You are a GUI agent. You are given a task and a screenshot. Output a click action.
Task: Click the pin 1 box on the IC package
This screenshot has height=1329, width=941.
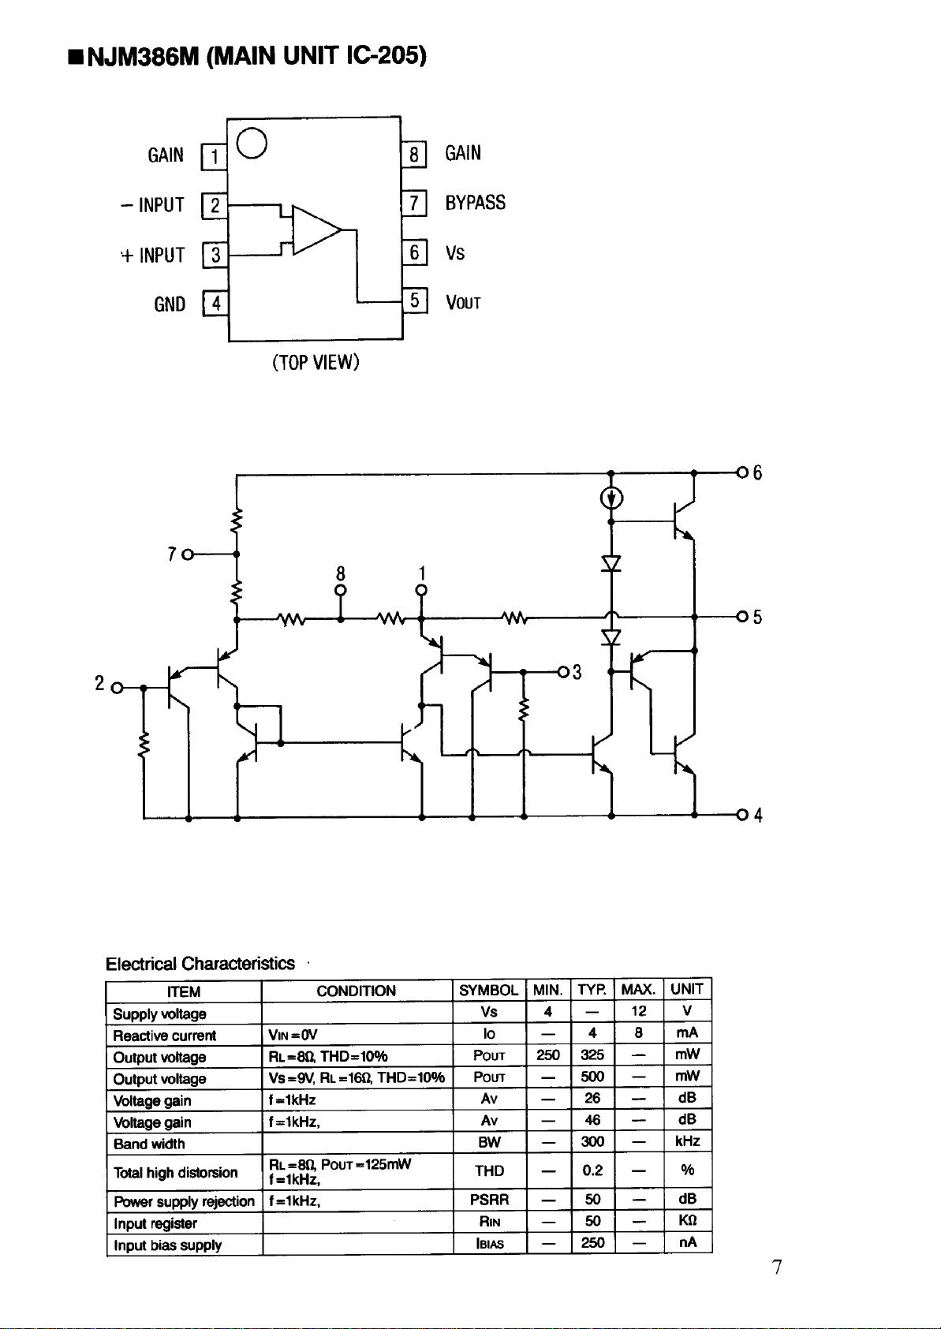point(215,157)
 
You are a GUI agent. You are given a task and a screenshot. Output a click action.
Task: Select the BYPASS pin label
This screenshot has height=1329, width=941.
point(476,203)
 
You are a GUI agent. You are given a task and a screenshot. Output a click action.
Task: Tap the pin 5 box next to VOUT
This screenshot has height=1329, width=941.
point(415,301)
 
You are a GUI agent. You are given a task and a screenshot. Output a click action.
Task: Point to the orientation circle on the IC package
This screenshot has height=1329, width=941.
point(252,143)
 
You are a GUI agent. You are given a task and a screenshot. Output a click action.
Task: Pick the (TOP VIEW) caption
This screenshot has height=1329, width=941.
point(316,362)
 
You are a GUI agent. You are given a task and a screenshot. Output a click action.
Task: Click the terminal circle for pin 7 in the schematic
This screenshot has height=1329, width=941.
point(188,554)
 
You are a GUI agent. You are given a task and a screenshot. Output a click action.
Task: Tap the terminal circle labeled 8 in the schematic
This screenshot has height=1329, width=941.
point(341,590)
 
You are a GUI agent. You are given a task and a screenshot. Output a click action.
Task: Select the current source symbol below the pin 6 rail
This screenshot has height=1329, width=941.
point(612,498)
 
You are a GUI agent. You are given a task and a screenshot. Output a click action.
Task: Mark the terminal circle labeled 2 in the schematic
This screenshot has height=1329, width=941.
point(118,688)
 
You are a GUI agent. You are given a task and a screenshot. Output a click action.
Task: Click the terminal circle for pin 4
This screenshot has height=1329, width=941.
point(742,815)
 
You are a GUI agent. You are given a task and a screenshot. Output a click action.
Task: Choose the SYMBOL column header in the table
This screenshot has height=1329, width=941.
point(489,990)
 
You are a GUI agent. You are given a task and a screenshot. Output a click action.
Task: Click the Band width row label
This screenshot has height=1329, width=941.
point(149,1144)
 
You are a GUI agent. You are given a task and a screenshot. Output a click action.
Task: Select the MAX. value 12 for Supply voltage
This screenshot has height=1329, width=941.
point(638,1011)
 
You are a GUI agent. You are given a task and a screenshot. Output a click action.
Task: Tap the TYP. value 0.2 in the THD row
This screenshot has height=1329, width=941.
point(592,1170)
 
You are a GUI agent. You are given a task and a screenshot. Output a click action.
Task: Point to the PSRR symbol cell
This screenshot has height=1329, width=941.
point(490,1200)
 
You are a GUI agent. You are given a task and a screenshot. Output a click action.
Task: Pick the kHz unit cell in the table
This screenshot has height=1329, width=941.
point(688,1141)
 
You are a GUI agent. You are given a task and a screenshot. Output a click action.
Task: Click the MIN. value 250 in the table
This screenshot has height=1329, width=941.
point(547,1055)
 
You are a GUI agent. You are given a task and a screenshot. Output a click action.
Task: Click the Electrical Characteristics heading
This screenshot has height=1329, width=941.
point(200,963)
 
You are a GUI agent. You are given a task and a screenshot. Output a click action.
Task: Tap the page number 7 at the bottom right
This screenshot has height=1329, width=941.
point(777,1267)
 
